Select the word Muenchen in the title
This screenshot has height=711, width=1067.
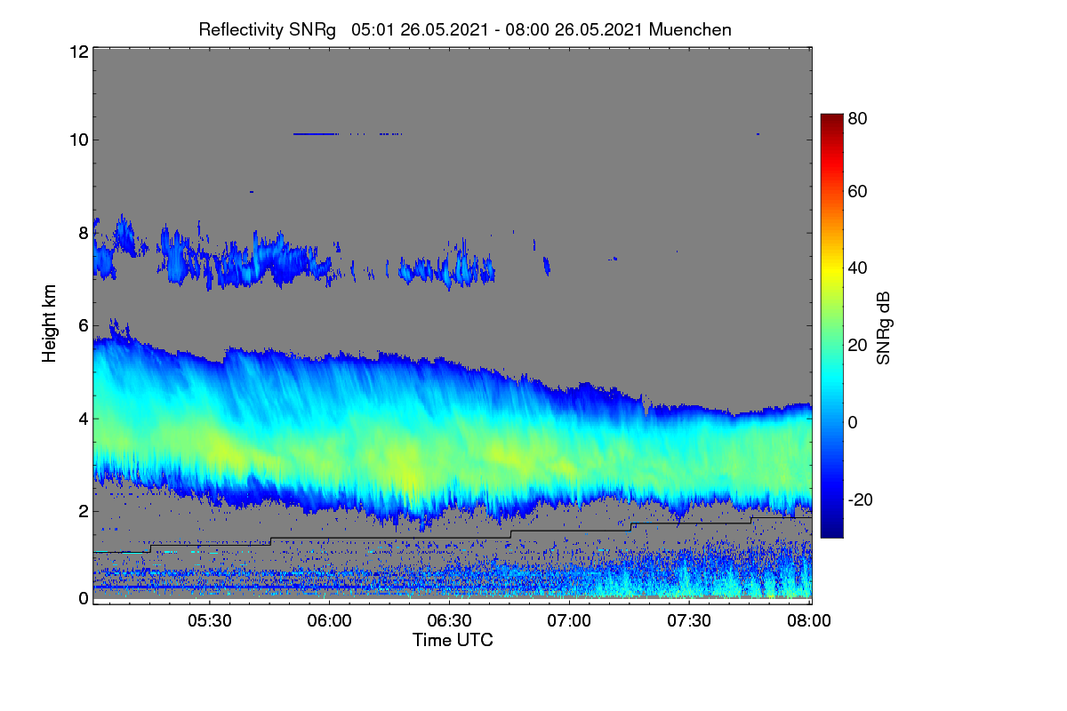pyautogui.click(x=690, y=29)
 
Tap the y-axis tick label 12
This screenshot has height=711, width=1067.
pyautogui.click(x=79, y=52)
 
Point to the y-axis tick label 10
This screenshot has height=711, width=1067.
pyautogui.click(x=79, y=140)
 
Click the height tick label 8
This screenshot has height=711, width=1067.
pyautogui.click(x=84, y=234)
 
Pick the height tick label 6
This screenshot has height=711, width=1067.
pyautogui.click(x=84, y=326)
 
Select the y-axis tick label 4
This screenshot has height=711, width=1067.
pyautogui.click(x=84, y=419)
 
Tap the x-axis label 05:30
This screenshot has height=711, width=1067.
pyautogui.click(x=210, y=620)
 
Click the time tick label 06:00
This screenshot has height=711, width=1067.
pyautogui.click(x=329, y=620)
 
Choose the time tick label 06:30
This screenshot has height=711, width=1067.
pyautogui.click(x=449, y=620)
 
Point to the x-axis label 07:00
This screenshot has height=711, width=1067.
pyautogui.click(x=569, y=620)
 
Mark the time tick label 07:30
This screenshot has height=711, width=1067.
pyautogui.click(x=689, y=620)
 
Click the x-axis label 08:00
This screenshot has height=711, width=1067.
pyautogui.click(x=809, y=620)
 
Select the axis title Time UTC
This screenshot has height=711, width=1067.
pyautogui.click(x=453, y=640)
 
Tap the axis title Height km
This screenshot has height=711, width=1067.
pyautogui.click(x=49, y=324)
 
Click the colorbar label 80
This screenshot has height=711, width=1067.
pyautogui.click(x=857, y=118)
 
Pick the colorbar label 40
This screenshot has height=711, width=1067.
pyautogui.click(x=857, y=268)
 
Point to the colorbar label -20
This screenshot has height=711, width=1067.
pyautogui.click(x=861, y=500)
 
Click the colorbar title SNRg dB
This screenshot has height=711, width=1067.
pyautogui.click(x=884, y=328)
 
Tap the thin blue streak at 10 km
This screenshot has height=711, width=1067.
pyautogui.click(x=316, y=134)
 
